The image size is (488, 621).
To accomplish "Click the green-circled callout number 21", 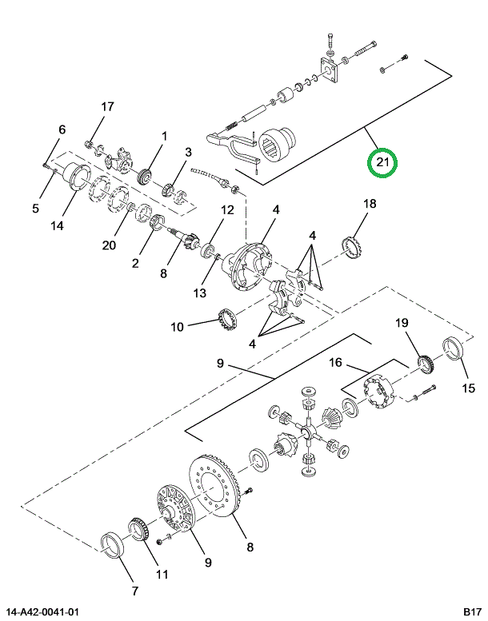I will pos(382,163).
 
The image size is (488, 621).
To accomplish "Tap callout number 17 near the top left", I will pos(107,107).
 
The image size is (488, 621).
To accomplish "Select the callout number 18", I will pos(369,204).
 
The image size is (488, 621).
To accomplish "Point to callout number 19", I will pos(402,323).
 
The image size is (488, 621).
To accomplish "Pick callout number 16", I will pos(337,363).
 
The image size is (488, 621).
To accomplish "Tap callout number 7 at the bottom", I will pos(134,591).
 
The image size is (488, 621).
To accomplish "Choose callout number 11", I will pos(162,573).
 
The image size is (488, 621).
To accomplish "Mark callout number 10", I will pos(177,327).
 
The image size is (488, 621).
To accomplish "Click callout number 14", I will pos(57,225).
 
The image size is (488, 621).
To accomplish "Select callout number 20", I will pos(109,245).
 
